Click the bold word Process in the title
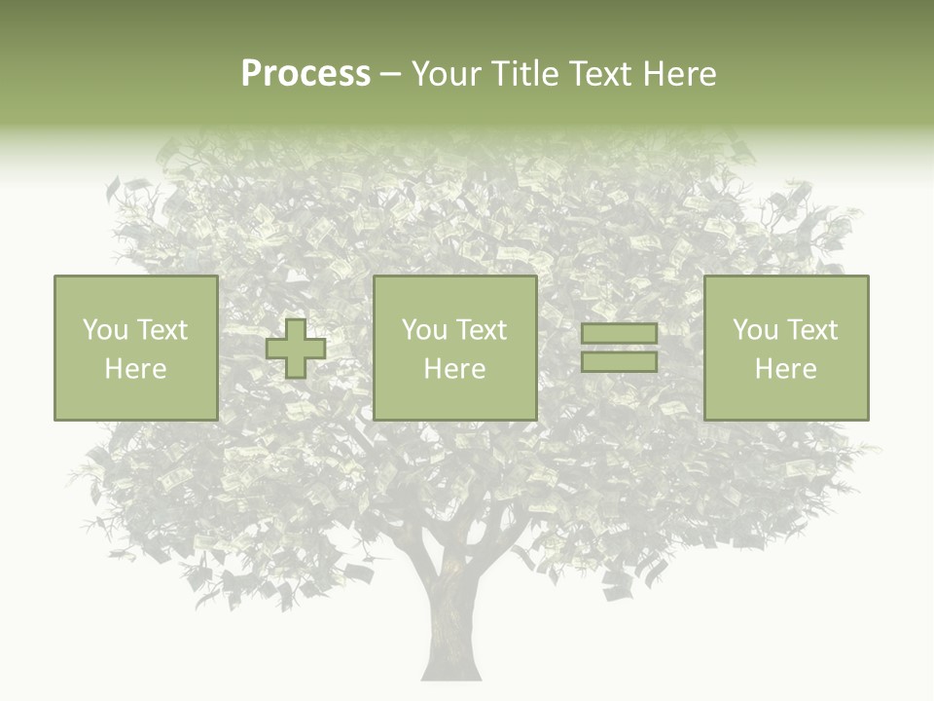pos(305,74)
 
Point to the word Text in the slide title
pos(601,74)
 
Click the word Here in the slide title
pos(680,74)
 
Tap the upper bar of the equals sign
pos(619,334)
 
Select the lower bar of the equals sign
pos(619,362)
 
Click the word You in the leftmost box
pos(104,330)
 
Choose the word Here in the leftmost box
pos(135,369)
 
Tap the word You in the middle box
pos(424,330)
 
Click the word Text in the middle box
pos(480,330)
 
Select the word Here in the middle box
pos(454,369)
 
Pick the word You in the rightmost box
pos(755,330)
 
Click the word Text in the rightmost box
pos(810,330)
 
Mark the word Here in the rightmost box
pos(785,369)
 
